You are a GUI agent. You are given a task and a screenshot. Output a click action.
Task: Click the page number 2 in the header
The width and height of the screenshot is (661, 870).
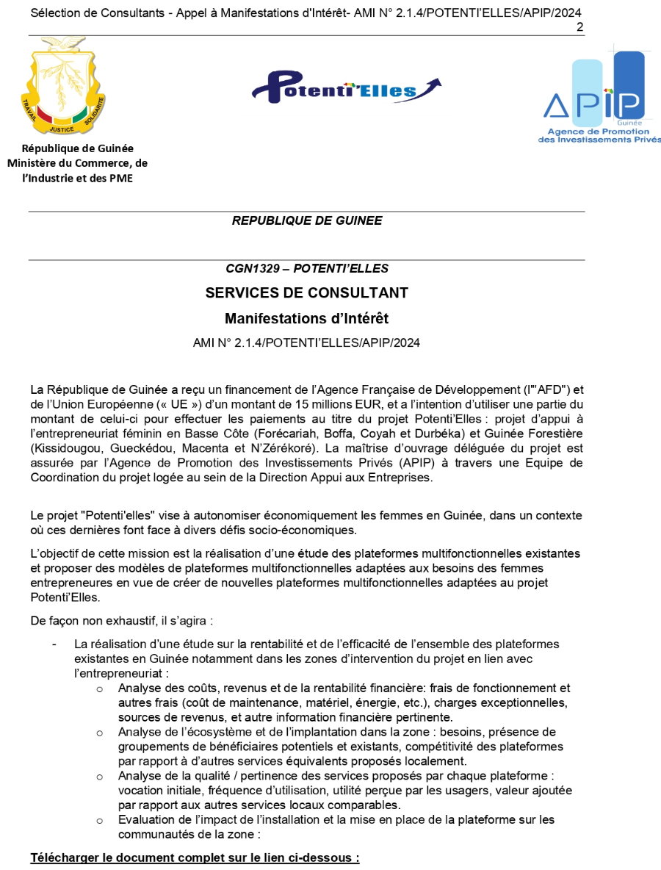pos(580,27)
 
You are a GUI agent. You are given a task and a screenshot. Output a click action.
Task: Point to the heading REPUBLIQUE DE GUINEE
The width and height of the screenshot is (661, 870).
pos(306,220)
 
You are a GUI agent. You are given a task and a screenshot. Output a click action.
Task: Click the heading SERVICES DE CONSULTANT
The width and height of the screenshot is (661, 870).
pos(306,293)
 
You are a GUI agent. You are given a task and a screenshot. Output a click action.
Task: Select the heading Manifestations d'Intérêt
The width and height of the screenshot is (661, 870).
pos(306,319)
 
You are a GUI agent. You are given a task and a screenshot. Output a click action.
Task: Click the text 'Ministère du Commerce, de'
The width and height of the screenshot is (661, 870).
pos(77,163)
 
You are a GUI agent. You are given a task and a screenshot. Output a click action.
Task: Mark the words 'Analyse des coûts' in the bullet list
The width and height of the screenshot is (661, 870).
pos(162,689)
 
